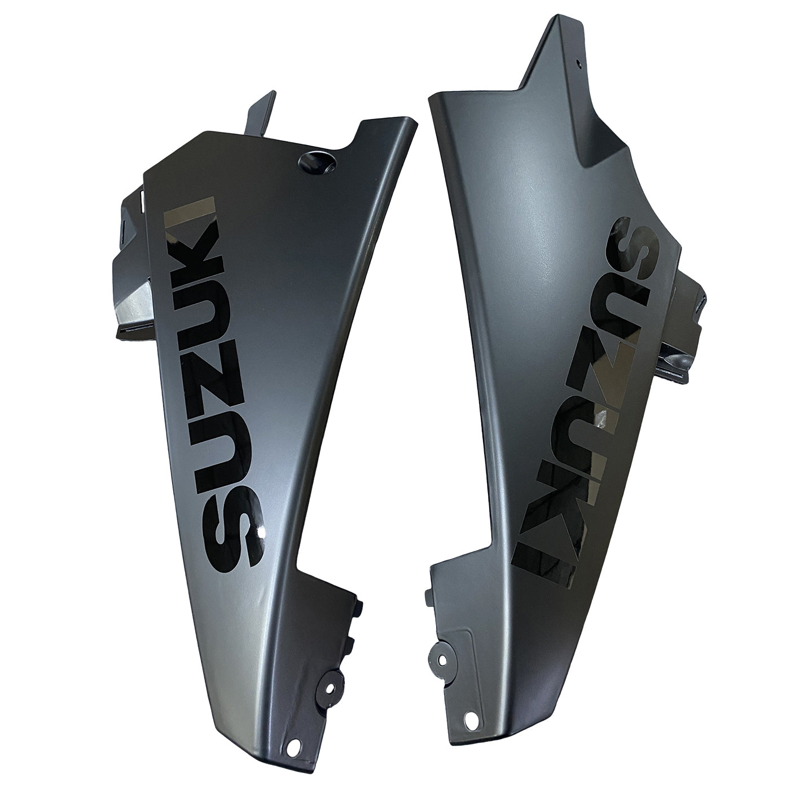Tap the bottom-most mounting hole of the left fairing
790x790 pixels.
(292, 748)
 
